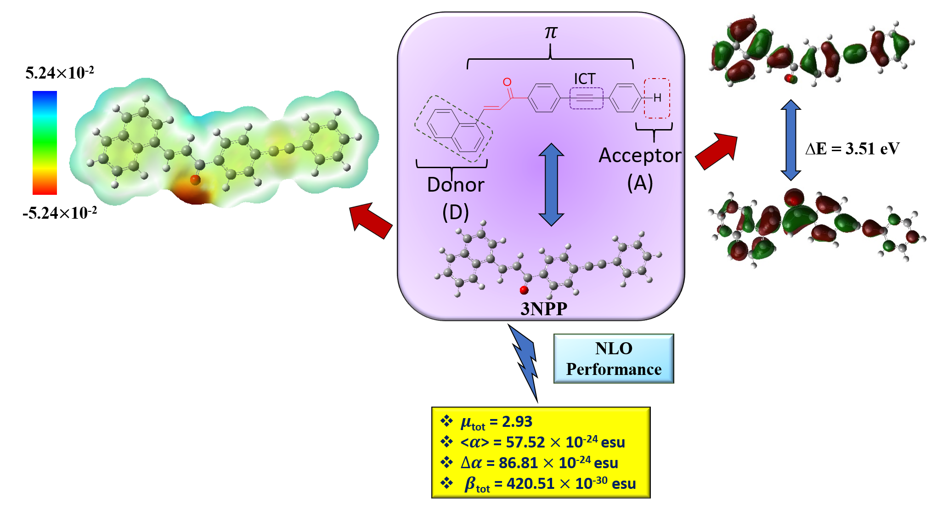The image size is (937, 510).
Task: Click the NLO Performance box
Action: [x=614, y=359]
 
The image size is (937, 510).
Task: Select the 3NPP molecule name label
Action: [x=544, y=309]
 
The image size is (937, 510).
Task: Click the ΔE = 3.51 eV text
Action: [x=852, y=149]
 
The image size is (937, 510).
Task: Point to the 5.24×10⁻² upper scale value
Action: [x=60, y=73]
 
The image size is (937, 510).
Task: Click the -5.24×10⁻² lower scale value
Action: [x=60, y=213]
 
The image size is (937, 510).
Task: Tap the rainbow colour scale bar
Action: [x=45, y=142]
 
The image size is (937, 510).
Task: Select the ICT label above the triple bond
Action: [x=585, y=79]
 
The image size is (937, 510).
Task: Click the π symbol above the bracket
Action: [x=550, y=32]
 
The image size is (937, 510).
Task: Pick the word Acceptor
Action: [x=640, y=156]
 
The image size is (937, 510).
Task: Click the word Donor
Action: [x=455, y=185]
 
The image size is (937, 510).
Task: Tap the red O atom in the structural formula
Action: [x=507, y=82]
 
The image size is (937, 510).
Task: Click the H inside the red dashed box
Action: [x=657, y=98]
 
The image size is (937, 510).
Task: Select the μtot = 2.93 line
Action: [x=496, y=422]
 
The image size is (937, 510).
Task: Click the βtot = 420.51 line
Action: [x=550, y=484]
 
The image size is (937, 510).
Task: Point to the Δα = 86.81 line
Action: [x=539, y=463]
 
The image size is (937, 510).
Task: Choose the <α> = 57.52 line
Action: [x=542, y=442]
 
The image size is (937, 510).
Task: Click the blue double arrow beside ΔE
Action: [x=791, y=140]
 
